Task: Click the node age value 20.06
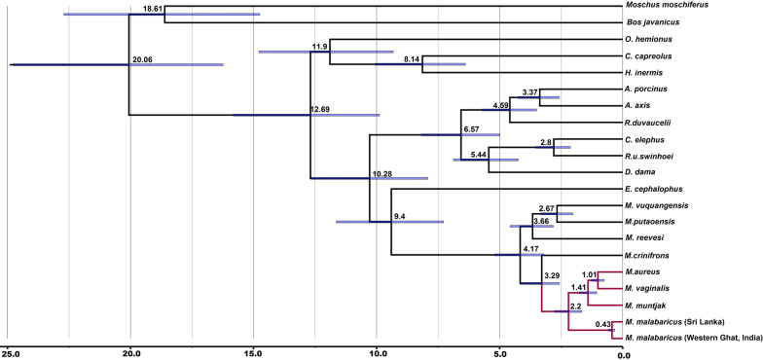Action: click(142, 59)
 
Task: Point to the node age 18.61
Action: click(180, 8)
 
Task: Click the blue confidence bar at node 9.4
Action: click(389, 222)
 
